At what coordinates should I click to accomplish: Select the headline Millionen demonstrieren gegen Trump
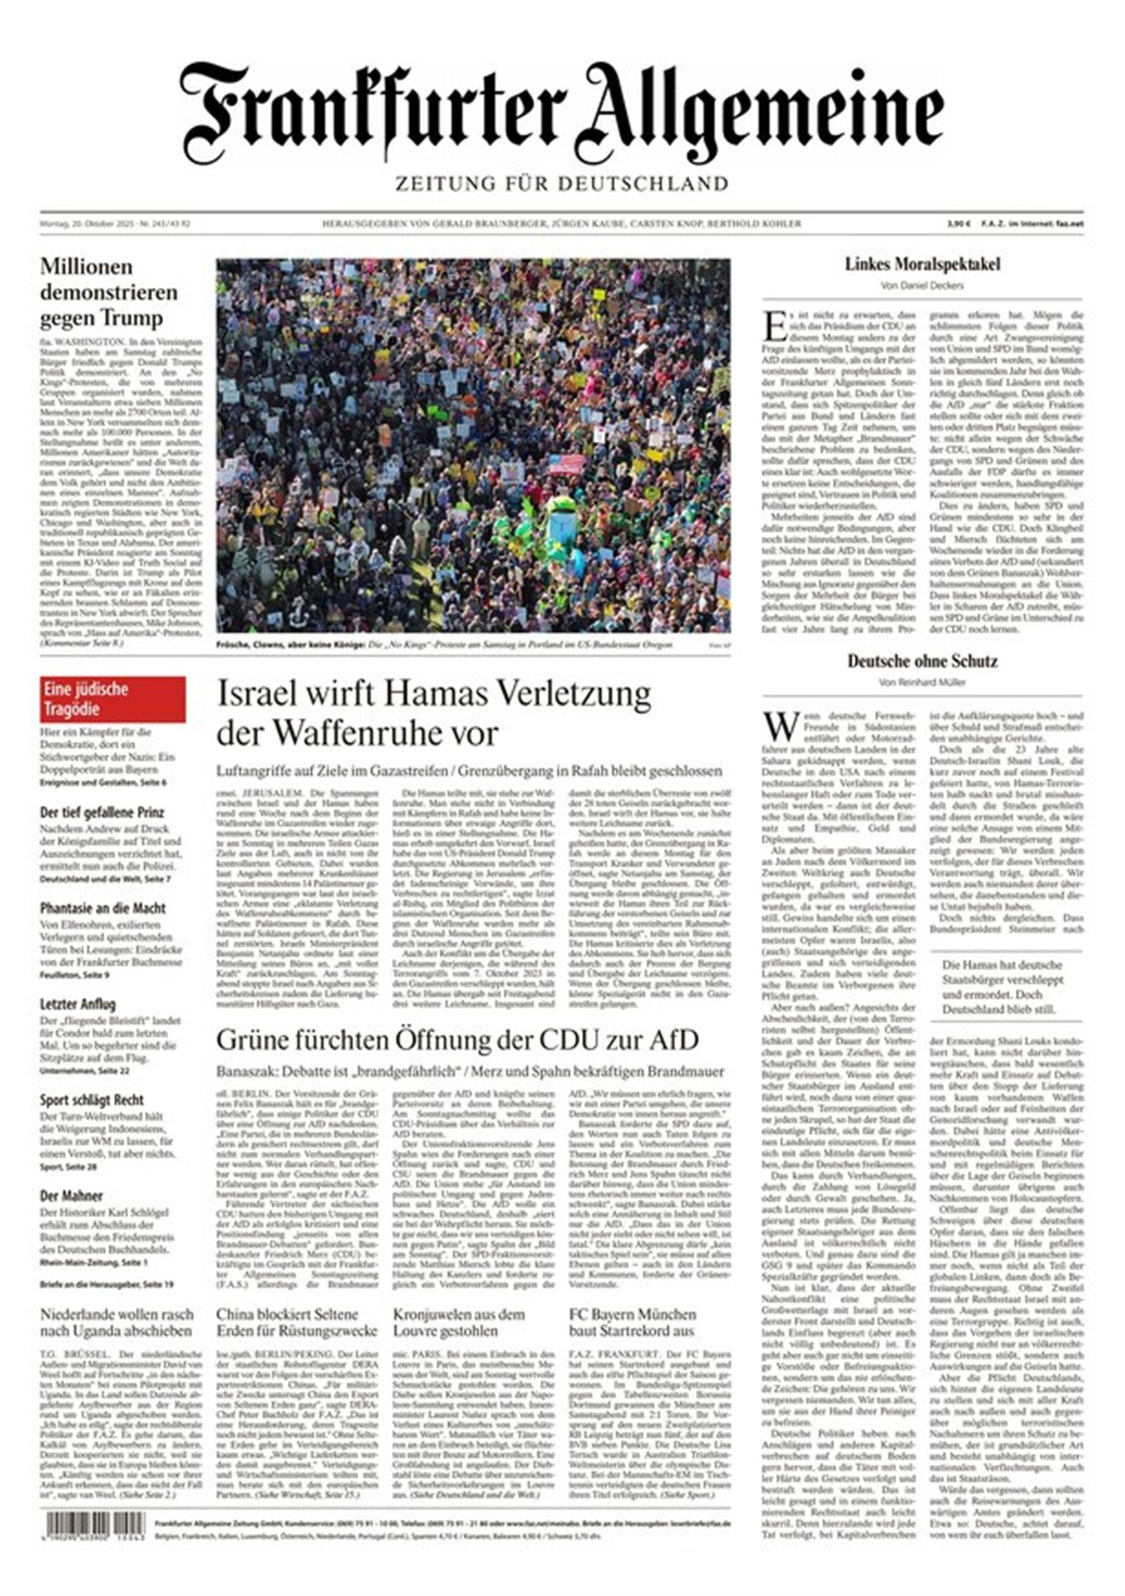109,292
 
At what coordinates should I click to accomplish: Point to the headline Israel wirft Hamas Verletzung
434,713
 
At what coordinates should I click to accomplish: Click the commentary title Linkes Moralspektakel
922,264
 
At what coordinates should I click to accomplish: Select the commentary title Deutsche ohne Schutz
922,660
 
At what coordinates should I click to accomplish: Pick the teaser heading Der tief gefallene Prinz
102,812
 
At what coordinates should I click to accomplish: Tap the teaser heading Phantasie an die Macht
103,908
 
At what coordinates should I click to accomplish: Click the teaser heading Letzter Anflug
77,1004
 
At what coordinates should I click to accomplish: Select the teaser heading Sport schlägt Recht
91,1099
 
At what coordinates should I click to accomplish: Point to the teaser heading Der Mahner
71,1196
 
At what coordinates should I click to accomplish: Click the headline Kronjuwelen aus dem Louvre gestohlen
458,1322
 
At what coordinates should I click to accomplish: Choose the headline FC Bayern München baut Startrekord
632,1322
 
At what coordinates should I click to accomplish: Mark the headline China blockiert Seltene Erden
296,1322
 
